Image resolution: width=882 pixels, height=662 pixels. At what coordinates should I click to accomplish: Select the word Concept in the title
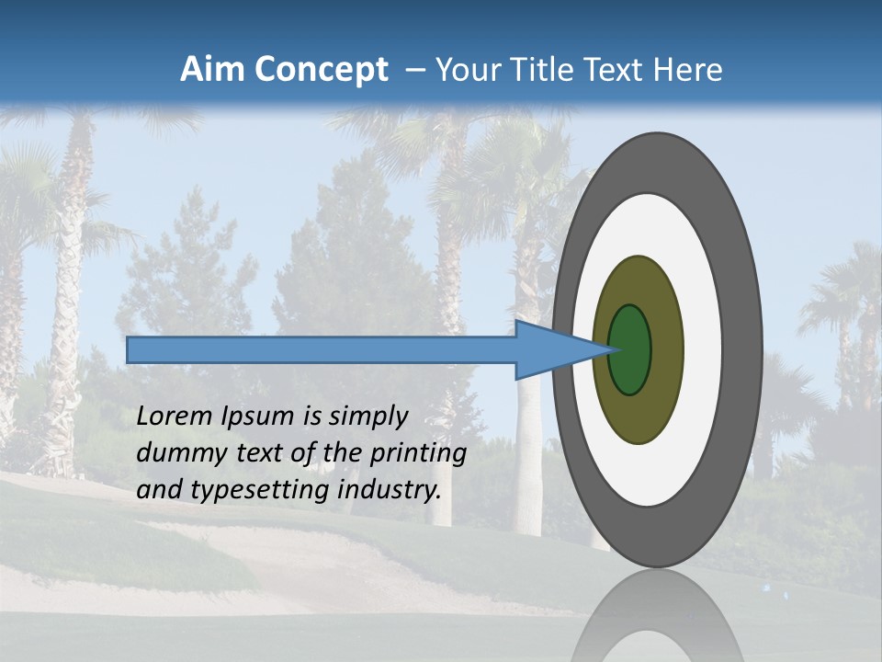321,70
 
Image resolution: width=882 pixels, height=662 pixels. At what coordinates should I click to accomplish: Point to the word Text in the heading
617,70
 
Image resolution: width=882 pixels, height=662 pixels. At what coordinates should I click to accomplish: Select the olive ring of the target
666,350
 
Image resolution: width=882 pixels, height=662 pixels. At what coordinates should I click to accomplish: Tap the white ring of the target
702,350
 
